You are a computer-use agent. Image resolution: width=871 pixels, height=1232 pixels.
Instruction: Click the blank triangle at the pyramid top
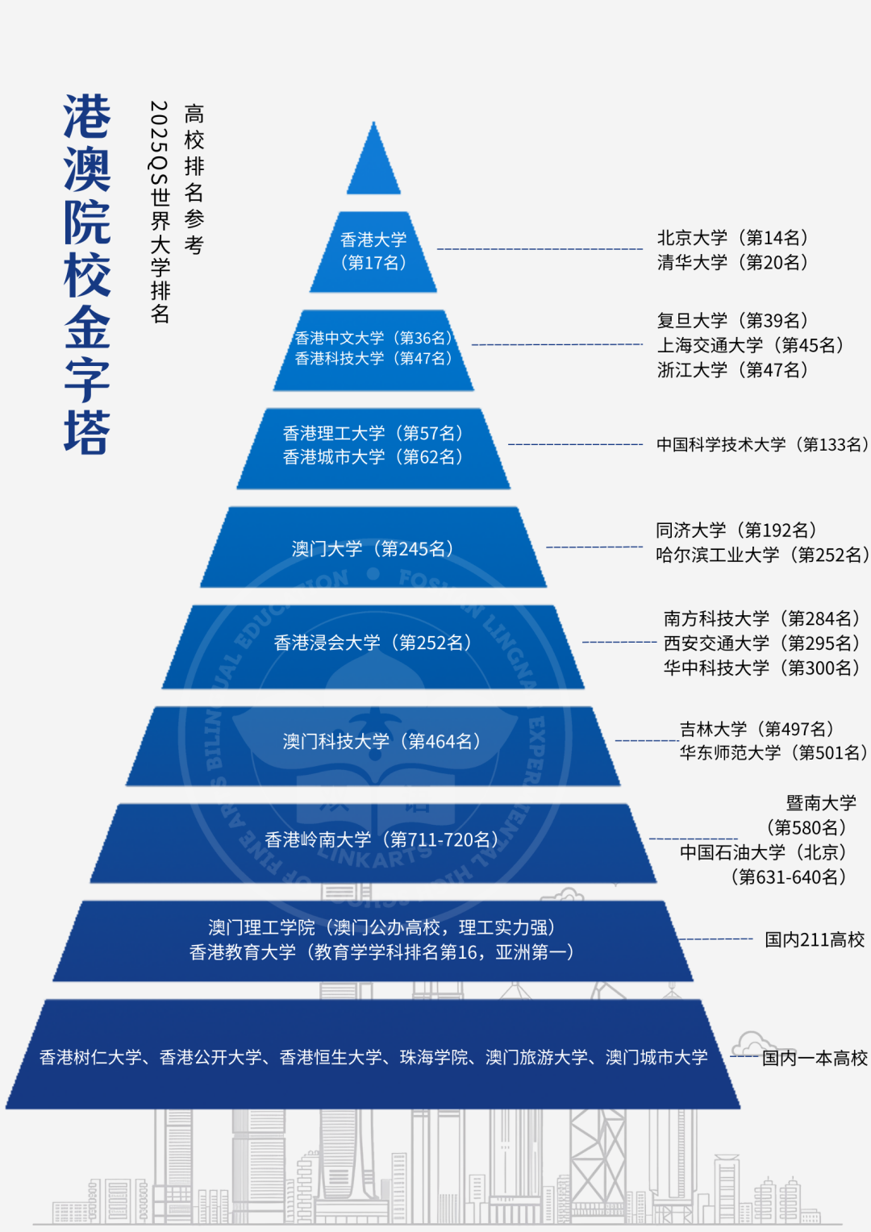click(373, 165)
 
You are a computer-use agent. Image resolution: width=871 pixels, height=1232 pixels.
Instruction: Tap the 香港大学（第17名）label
click(373, 251)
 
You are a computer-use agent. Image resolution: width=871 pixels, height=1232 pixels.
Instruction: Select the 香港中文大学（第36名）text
click(373, 338)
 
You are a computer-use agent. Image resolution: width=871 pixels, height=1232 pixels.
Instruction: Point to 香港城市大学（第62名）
click(373, 457)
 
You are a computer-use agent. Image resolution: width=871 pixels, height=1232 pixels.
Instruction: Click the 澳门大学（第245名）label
click(373, 549)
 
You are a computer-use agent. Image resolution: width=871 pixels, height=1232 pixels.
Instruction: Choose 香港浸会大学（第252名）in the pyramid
click(373, 643)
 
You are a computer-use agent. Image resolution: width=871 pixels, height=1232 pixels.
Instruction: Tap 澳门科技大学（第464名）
click(382, 741)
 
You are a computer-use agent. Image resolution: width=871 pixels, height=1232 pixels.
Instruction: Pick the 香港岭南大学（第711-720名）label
click(382, 840)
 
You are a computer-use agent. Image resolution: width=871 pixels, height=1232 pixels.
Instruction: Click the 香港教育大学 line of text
click(382, 952)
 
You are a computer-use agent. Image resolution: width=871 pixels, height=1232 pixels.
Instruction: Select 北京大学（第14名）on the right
click(732, 238)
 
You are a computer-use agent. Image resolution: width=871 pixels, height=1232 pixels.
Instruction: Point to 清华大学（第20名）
click(732, 262)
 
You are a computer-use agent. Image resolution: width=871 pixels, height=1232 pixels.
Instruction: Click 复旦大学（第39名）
click(732, 321)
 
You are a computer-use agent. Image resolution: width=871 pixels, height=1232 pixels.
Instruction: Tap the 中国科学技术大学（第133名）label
click(762, 444)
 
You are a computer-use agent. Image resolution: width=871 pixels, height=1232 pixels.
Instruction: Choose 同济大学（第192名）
click(736, 531)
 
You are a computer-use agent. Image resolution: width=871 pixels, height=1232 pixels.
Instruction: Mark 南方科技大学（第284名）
click(762, 618)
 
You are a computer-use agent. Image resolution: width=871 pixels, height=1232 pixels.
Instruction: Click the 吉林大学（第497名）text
click(757, 729)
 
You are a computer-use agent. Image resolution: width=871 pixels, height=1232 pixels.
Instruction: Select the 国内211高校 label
click(815, 939)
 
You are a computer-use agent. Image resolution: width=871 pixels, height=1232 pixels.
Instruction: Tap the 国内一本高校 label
click(815, 1058)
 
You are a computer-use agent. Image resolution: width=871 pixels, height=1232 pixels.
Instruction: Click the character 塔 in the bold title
click(87, 433)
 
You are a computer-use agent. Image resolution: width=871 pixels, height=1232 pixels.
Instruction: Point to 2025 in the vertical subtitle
click(159, 125)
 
